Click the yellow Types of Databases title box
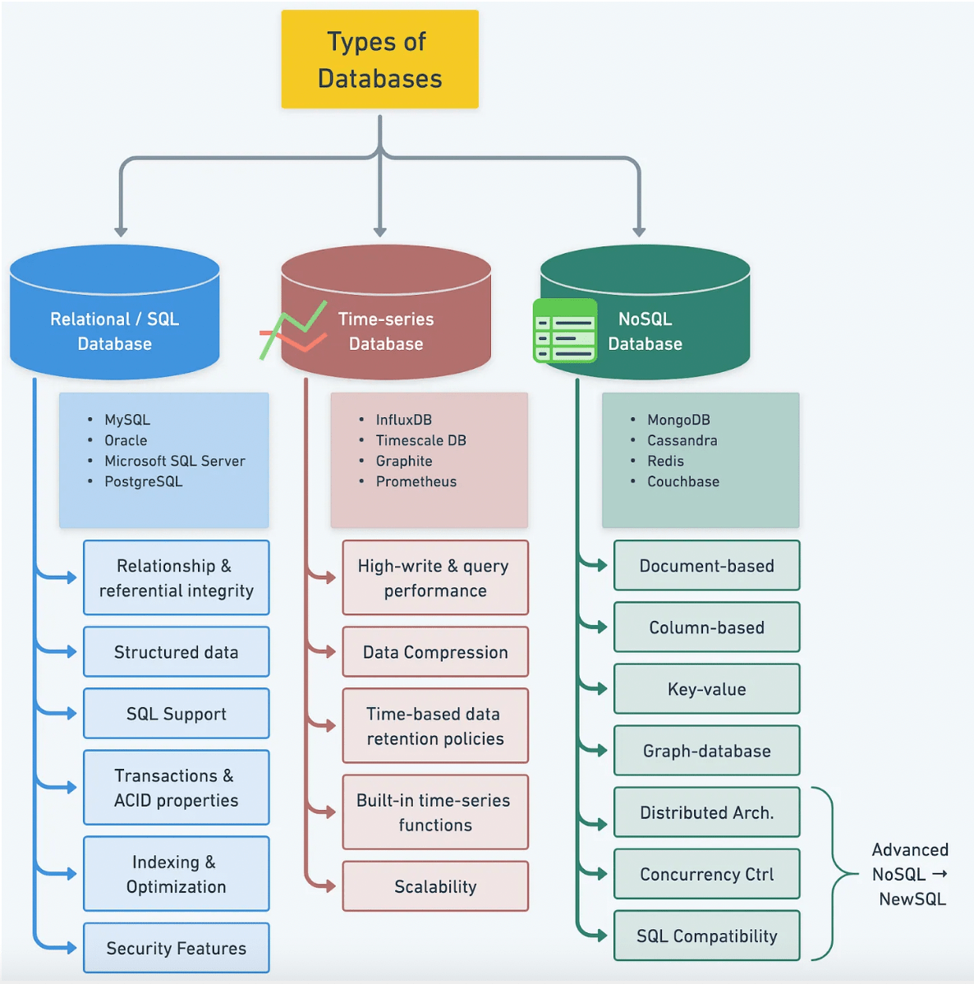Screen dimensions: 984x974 [x=379, y=59]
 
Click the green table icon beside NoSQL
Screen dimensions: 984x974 [x=564, y=330]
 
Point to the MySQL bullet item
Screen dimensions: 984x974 [x=126, y=420]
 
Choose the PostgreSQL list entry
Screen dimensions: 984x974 [x=143, y=481]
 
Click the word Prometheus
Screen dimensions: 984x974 [x=416, y=481]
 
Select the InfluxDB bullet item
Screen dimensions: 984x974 [x=403, y=420]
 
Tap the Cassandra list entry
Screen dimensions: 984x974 [x=682, y=440]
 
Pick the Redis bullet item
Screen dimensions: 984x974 [x=665, y=461]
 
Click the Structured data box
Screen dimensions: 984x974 [x=176, y=652]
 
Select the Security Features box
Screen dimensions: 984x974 [x=176, y=948]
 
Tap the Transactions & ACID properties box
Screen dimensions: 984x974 [x=176, y=788]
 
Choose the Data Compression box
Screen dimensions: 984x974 [x=435, y=652]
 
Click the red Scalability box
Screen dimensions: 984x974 [x=435, y=886]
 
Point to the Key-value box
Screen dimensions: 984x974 [x=706, y=689]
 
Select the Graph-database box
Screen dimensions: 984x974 [x=706, y=751]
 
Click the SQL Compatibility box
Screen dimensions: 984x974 [x=706, y=936]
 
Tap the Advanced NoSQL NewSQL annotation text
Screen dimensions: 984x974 [x=909, y=874]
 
